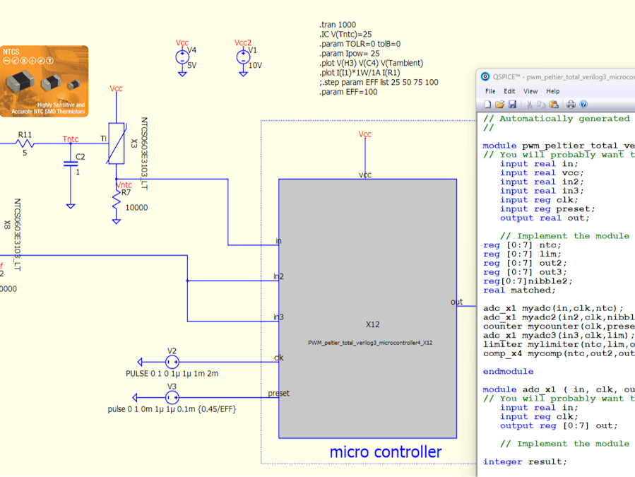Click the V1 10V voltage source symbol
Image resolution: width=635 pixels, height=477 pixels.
pos(242,57)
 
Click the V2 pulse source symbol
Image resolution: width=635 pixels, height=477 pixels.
pos(172,361)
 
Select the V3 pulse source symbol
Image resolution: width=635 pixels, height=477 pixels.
pos(172,397)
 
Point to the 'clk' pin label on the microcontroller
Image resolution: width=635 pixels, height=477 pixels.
pos(278,358)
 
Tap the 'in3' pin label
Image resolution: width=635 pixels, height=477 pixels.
pos(278,317)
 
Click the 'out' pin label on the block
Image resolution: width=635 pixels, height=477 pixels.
pos(456,302)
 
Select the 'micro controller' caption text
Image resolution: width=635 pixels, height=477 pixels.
pos(385,452)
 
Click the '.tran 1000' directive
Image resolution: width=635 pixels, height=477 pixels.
pos(338,25)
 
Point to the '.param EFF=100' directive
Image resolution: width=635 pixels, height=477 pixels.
pos(348,92)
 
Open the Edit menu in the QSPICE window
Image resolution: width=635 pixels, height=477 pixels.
pos(509,91)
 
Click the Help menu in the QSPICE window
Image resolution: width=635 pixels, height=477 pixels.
pos(552,91)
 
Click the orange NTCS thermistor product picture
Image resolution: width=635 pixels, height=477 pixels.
pos(44,81)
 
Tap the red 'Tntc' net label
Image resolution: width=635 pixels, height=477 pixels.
pos(71,139)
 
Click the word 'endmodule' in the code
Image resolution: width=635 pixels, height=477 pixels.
pos(508,371)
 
